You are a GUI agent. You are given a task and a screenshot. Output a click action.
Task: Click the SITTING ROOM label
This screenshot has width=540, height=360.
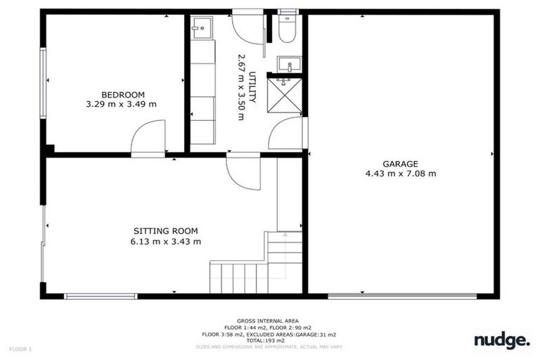[x=166, y=231]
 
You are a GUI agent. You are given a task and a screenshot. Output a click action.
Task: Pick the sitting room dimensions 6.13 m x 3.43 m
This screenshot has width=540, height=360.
[x=166, y=241]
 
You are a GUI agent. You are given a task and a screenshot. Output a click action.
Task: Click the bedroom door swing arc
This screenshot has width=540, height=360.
[x=149, y=136]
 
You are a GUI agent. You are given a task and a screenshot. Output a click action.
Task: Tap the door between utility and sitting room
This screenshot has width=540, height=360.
[x=243, y=172]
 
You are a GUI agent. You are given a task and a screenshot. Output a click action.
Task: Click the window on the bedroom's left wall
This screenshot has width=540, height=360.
[x=44, y=82]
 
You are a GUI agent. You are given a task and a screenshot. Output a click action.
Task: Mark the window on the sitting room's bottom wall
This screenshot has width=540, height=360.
[x=101, y=296]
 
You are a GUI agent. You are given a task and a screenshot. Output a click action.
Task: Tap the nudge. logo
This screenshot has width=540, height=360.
[x=501, y=340]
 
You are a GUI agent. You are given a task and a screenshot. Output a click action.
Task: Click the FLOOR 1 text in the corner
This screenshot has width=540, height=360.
[x=20, y=348]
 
